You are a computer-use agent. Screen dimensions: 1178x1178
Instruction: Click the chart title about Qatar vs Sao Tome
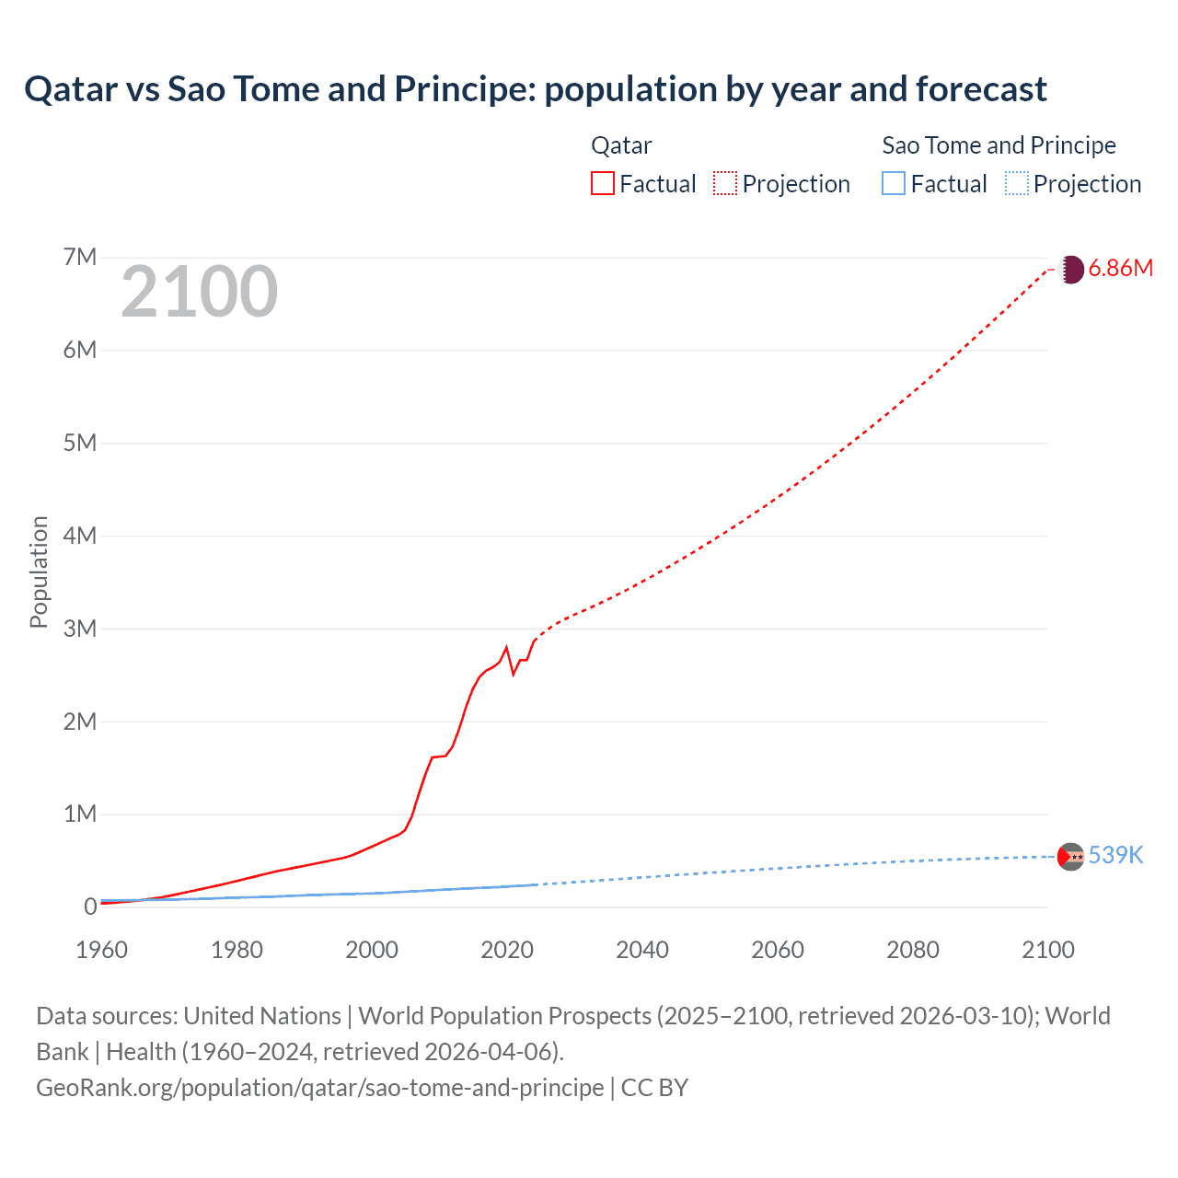pos(535,89)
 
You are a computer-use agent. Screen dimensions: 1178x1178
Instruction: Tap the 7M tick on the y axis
pos(80,257)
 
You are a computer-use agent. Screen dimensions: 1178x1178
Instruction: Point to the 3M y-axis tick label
pos(80,629)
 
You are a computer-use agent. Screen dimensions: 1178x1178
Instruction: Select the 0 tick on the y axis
pos(90,907)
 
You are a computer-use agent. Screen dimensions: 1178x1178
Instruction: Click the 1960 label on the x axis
pos(101,950)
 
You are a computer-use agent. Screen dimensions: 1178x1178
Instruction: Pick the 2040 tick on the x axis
pos(642,950)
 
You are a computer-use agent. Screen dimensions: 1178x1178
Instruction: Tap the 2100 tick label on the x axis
pos(1047,950)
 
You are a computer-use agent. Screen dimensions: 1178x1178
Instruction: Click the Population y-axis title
pos(39,572)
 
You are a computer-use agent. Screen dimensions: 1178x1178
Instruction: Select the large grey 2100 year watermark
pos(199,292)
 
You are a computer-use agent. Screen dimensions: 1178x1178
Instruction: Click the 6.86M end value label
pos(1120,269)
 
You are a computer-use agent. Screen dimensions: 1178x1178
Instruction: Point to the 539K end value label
pos(1115,855)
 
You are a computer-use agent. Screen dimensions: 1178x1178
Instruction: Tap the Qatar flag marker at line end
pos(1070,270)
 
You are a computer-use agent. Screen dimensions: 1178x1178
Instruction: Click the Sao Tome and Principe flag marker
pos(1070,856)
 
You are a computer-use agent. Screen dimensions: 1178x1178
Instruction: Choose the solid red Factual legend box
pos(602,183)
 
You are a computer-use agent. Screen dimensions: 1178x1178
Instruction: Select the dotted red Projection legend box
pos(725,183)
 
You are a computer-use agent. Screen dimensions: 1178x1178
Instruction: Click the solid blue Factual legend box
pos(894,183)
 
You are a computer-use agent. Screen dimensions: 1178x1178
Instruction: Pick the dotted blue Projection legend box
pos(1016,183)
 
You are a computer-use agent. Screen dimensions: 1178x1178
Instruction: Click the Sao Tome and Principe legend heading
pos(999,145)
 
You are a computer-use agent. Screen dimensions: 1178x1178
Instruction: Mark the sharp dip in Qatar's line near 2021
pos(514,673)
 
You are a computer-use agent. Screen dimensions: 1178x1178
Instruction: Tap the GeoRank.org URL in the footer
pos(319,1087)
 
